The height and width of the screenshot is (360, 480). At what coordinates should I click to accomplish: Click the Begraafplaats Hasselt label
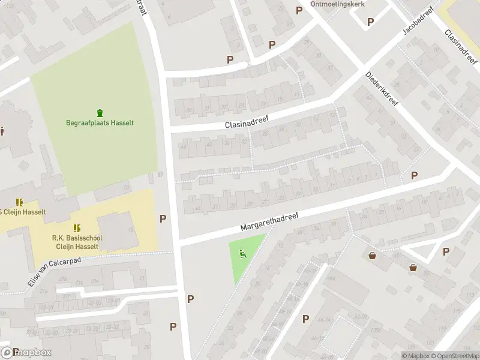click(100, 123)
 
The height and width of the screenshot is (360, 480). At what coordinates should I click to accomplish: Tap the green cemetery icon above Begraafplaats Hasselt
click(100, 112)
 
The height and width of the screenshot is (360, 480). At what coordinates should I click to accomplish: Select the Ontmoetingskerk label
click(338, 4)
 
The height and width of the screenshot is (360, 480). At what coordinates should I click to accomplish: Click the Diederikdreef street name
click(382, 91)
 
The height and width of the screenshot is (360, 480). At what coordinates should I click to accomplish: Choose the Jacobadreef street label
click(418, 22)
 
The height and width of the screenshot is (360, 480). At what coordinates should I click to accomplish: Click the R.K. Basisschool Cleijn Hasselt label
click(77, 242)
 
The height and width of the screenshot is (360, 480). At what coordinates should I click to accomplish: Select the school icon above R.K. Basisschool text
click(77, 228)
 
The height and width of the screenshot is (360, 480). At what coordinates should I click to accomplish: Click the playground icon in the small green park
click(243, 253)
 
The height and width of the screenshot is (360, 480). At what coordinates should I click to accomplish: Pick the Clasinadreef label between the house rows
click(247, 122)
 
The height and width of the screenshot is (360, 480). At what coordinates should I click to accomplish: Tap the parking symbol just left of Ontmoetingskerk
click(299, 10)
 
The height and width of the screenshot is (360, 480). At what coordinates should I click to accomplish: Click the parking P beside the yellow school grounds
click(163, 218)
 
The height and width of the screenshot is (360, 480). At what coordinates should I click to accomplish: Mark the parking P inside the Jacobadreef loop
click(370, 22)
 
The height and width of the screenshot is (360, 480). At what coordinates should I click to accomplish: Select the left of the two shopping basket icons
click(373, 256)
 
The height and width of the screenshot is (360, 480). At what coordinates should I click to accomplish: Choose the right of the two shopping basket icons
click(413, 268)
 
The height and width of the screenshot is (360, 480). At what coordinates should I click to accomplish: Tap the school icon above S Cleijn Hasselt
click(19, 202)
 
